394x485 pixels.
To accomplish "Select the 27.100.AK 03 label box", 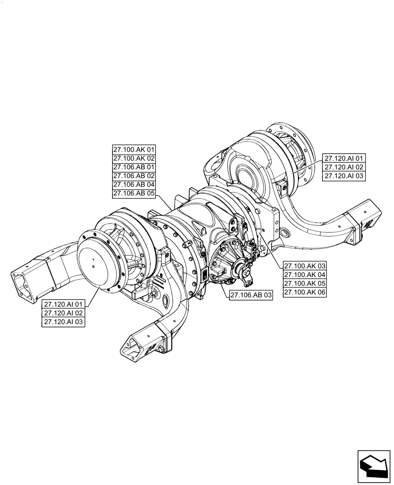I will point(305,266).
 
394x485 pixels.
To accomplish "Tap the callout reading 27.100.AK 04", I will point(305,275).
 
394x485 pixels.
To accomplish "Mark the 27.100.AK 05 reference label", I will point(305,284).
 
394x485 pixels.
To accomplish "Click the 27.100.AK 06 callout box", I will point(305,292).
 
